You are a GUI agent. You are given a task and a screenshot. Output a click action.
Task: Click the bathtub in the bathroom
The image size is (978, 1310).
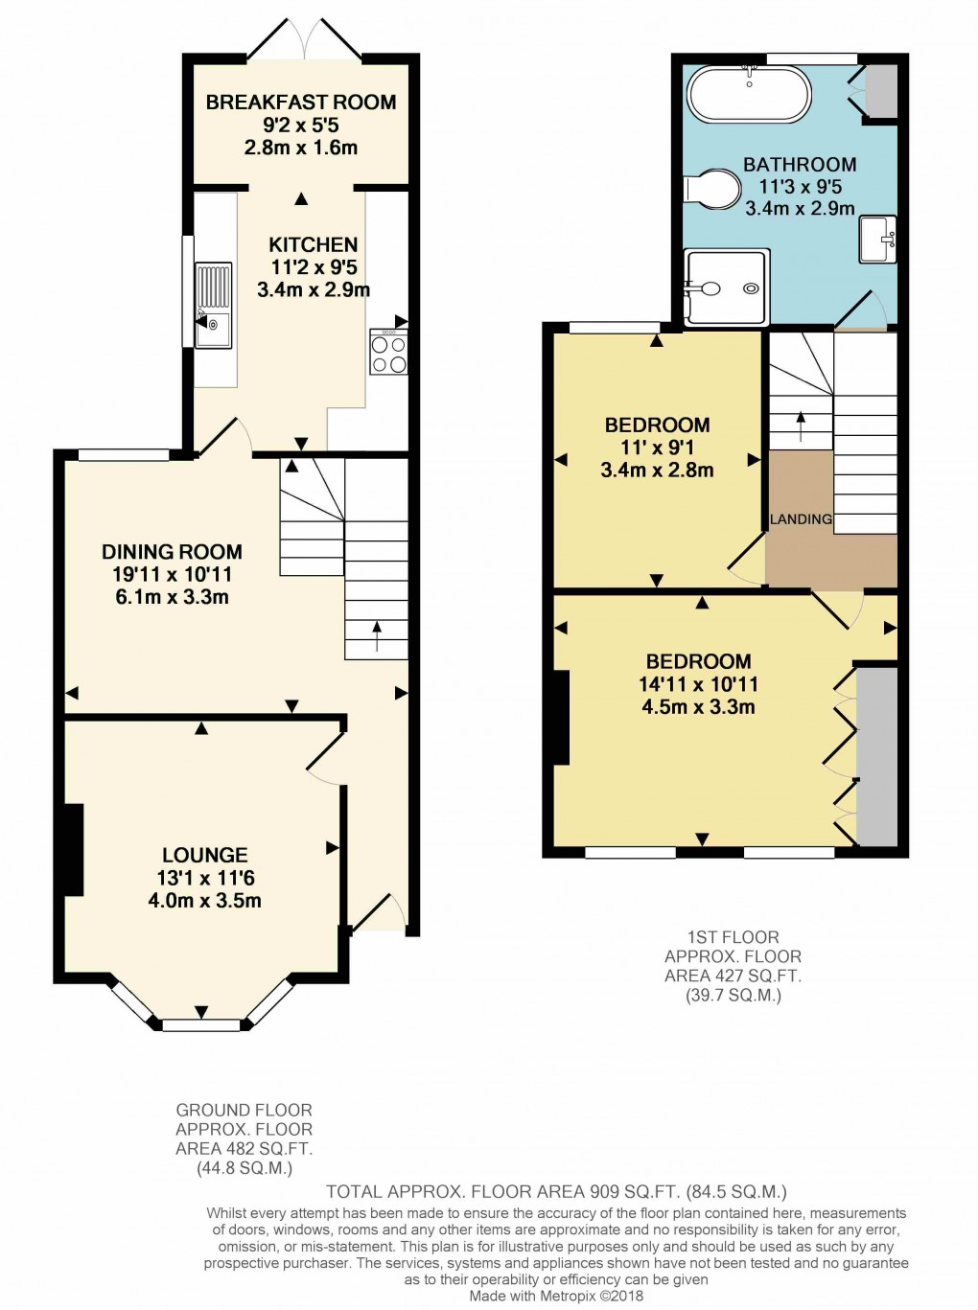(748, 94)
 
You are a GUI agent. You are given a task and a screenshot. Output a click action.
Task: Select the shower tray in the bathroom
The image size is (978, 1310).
(726, 287)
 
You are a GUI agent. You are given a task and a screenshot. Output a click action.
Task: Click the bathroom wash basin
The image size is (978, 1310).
(877, 240)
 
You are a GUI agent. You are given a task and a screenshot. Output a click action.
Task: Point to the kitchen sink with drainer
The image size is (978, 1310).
(213, 305)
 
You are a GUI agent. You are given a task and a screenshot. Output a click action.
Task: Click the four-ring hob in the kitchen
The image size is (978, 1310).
(388, 353)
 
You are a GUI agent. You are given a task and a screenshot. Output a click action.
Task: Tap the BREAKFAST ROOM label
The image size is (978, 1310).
(301, 102)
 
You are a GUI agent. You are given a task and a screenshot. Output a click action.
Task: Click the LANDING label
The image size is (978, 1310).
(801, 518)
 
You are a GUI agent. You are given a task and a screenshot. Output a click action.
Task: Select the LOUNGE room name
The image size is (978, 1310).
(204, 855)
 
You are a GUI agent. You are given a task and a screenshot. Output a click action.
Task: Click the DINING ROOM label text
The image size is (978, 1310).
(172, 552)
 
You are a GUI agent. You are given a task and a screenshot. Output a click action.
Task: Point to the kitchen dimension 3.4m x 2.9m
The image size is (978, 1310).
(314, 289)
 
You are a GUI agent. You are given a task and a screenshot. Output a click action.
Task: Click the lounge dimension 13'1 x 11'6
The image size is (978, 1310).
(205, 878)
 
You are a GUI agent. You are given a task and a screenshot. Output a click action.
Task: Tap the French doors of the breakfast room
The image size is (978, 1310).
(304, 38)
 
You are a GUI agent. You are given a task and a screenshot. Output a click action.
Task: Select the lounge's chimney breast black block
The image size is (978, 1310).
(73, 850)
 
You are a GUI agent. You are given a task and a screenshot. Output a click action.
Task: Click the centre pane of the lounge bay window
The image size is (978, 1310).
(201, 1025)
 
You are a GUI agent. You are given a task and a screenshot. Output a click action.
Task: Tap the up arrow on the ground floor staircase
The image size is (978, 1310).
(376, 635)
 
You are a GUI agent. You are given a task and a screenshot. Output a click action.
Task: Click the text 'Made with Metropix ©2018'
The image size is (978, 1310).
(556, 1296)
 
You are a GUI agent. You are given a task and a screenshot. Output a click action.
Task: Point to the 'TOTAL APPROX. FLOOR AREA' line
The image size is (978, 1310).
(556, 1191)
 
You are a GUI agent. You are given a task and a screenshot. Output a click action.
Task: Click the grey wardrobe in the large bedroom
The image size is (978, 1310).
(877, 757)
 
